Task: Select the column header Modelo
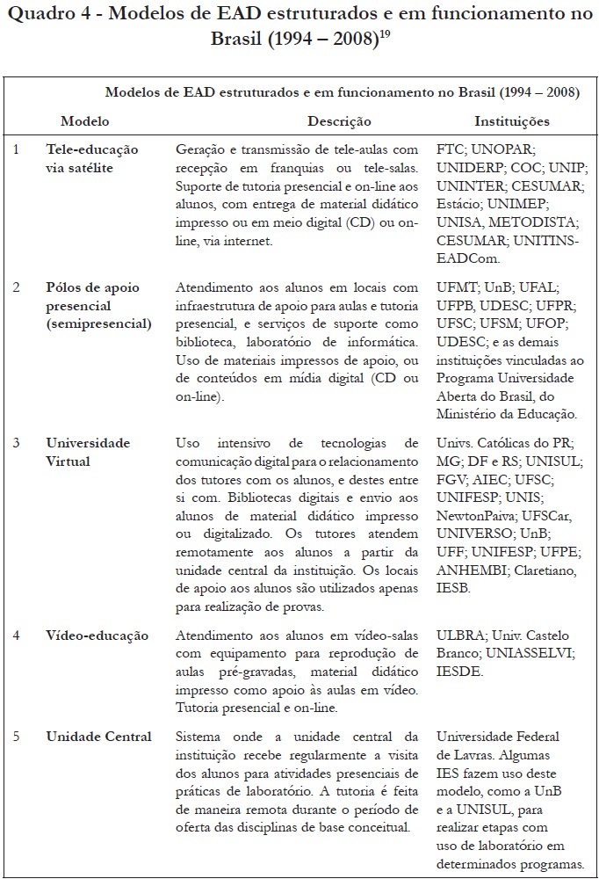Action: (85, 121)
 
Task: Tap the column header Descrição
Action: (339, 121)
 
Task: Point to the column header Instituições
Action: (512, 121)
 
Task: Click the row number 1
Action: (16, 149)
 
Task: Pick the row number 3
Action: (16, 442)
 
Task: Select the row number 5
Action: (16, 737)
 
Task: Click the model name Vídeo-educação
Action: (97, 636)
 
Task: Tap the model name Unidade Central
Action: (99, 737)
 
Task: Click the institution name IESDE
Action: (458, 670)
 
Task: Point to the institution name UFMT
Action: (457, 287)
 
